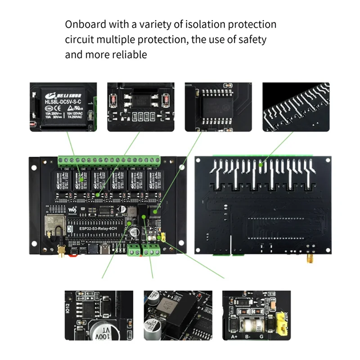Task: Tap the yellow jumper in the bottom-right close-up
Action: tap(283, 321)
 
